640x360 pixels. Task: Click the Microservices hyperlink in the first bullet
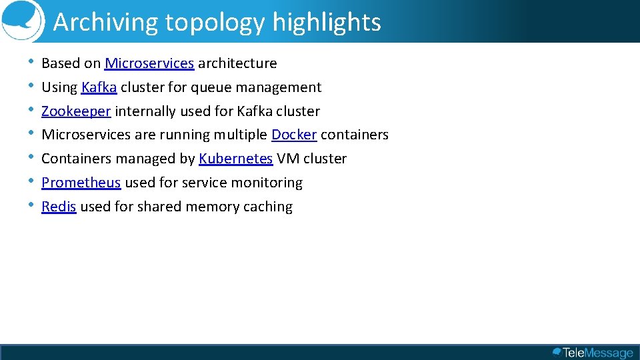pyautogui.click(x=149, y=63)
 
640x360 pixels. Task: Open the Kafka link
pyautogui.click(x=99, y=87)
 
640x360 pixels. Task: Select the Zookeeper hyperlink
pyautogui.click(x=76, y=111)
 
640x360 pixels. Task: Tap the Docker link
pyautogui.click(x=294, y=135)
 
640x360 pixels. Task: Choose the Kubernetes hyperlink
pyautogui.click(x=235, y=159)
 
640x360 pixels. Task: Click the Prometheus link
pyautogui.click(x=81, y=183)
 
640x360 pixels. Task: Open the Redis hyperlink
pyautogui.click(x=59, y=207)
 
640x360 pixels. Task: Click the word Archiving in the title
pyautogui.click(x=106, y=23)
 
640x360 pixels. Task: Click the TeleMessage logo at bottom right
pyautogui.click(x=593, y=353)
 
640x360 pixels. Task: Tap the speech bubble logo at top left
pyautogui.click(x=21, y=20)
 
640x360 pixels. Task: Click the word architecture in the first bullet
pyautogui.click(x=237, y=63)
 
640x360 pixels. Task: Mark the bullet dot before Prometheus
pyautogui.click(x=31, y=181)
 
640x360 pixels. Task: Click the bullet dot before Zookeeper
pyautogui.click(x=31, y=110)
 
